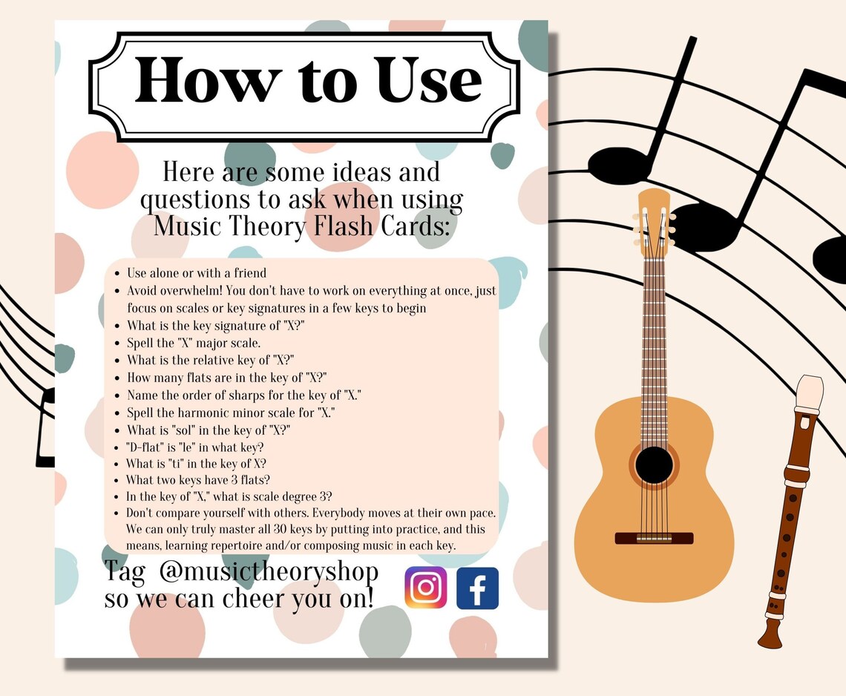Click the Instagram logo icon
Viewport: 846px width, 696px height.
point(425,588)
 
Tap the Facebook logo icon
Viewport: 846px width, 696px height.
point(477,588)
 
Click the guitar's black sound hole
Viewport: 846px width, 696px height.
point(654,465)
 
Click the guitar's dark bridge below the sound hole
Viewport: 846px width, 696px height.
point(654,538)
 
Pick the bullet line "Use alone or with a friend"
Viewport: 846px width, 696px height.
point(197,273)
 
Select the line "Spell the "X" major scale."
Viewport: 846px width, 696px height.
point(194,342)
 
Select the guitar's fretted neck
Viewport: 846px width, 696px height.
point(654,326)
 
